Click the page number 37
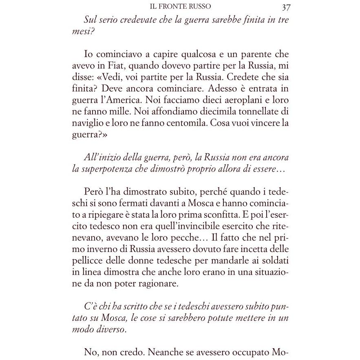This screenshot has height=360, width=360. point(285,7)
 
